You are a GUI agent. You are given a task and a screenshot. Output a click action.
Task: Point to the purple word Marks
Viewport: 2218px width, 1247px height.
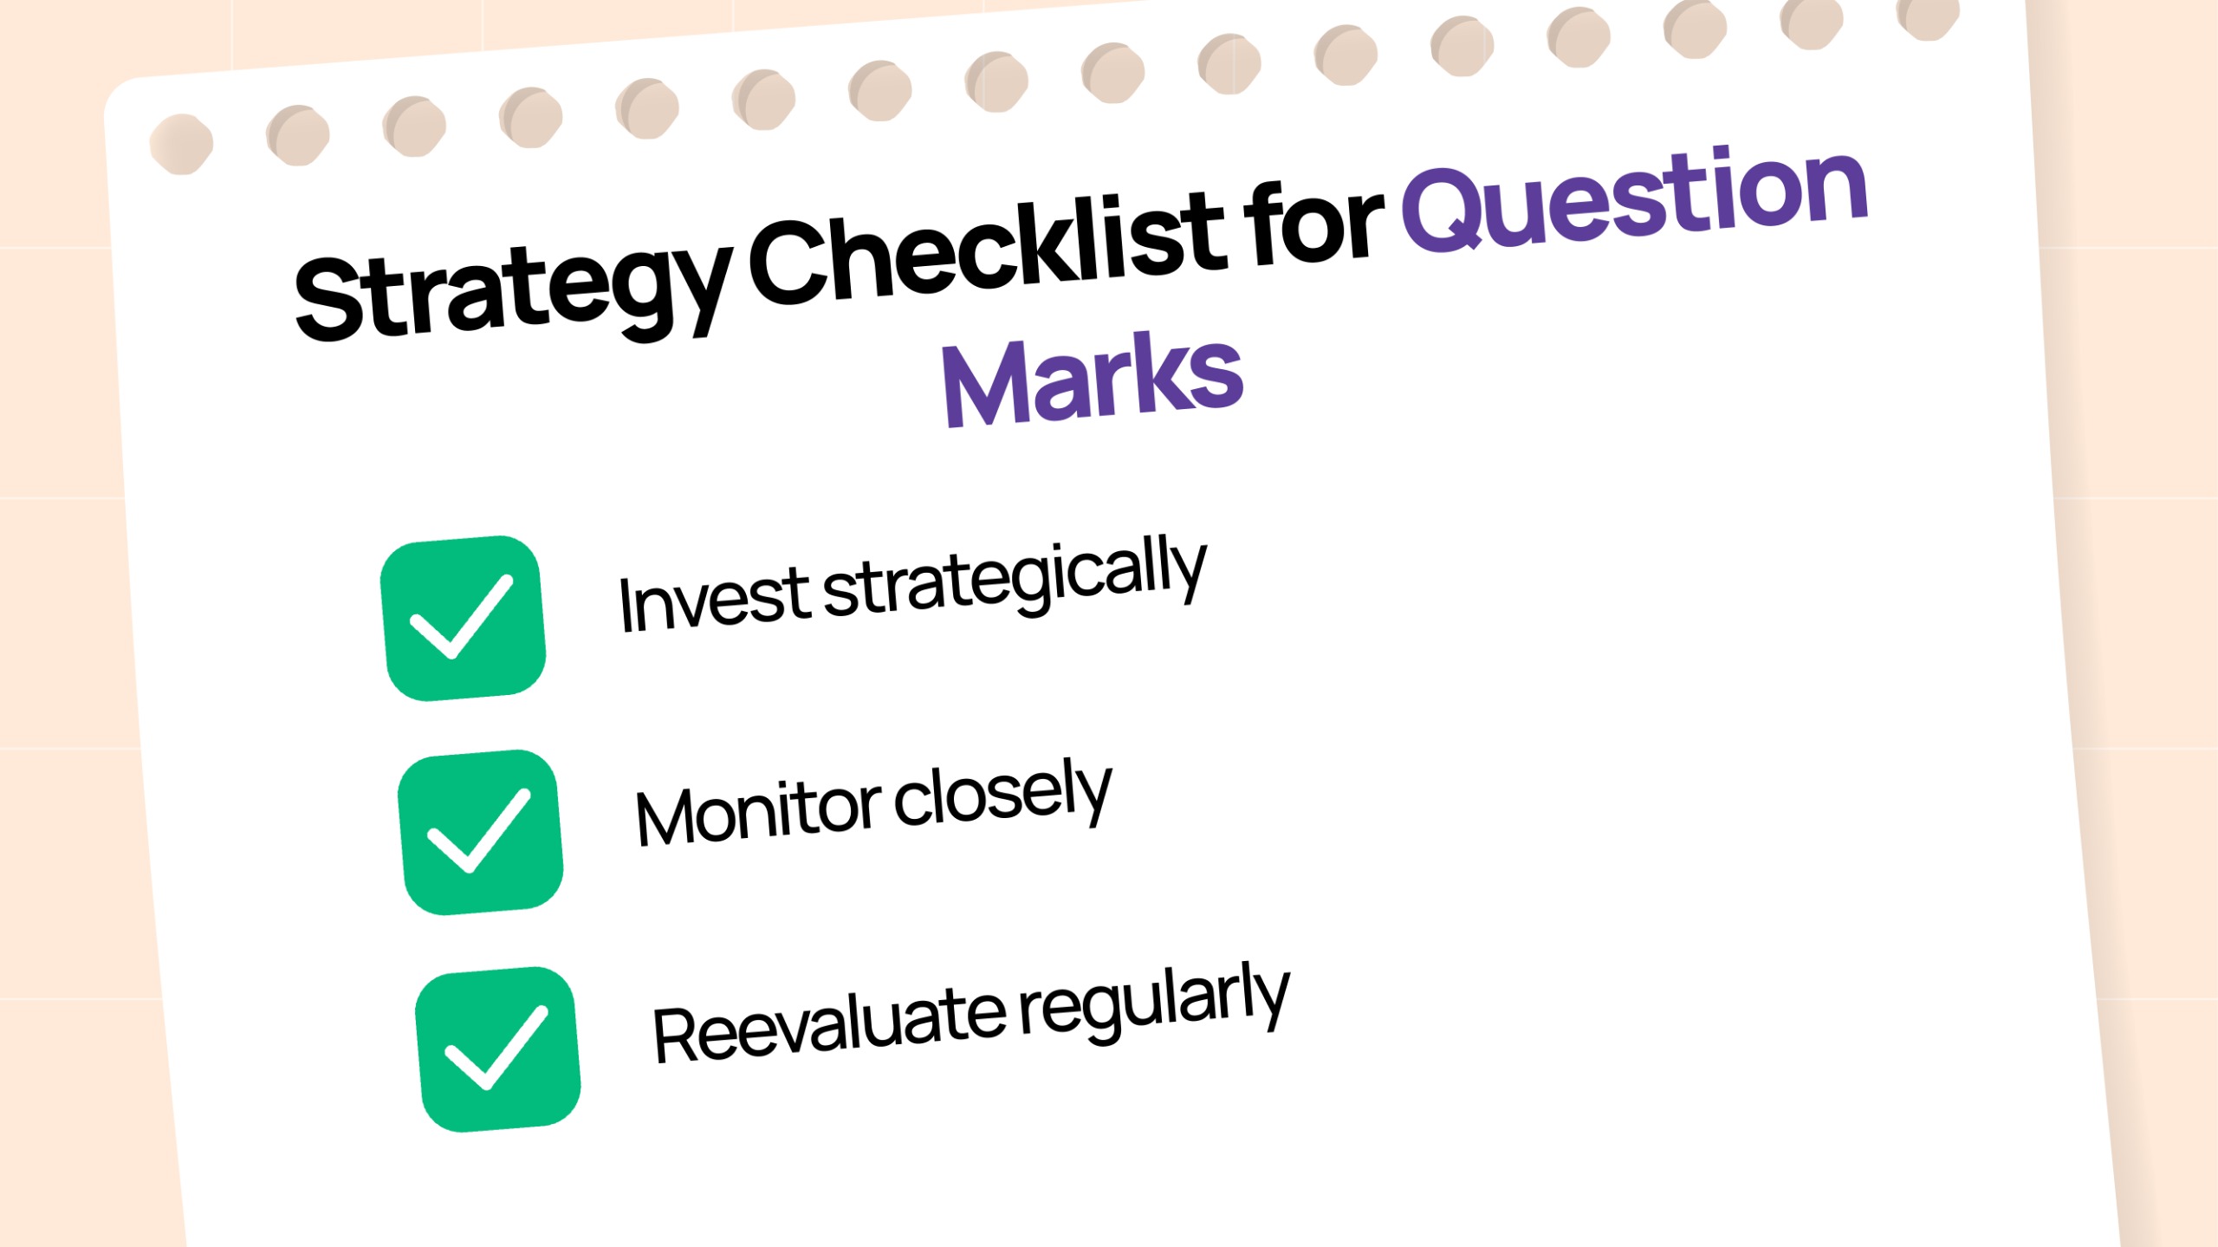1093,380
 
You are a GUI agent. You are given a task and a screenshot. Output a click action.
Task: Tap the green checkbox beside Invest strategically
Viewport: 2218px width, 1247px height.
464,618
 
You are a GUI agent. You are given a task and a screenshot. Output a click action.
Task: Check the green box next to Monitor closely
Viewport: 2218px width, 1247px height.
481,832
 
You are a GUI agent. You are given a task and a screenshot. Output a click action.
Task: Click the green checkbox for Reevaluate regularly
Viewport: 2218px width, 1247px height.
498,1049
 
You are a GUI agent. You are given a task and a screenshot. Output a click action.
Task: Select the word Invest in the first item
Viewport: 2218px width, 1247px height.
714,600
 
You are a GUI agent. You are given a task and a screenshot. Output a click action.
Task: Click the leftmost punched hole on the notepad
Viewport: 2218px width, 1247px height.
181,144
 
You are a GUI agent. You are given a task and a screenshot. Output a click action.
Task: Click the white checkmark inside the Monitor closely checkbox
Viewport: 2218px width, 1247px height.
479,830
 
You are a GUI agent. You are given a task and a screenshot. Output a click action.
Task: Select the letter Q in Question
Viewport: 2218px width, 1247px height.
1449,211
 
